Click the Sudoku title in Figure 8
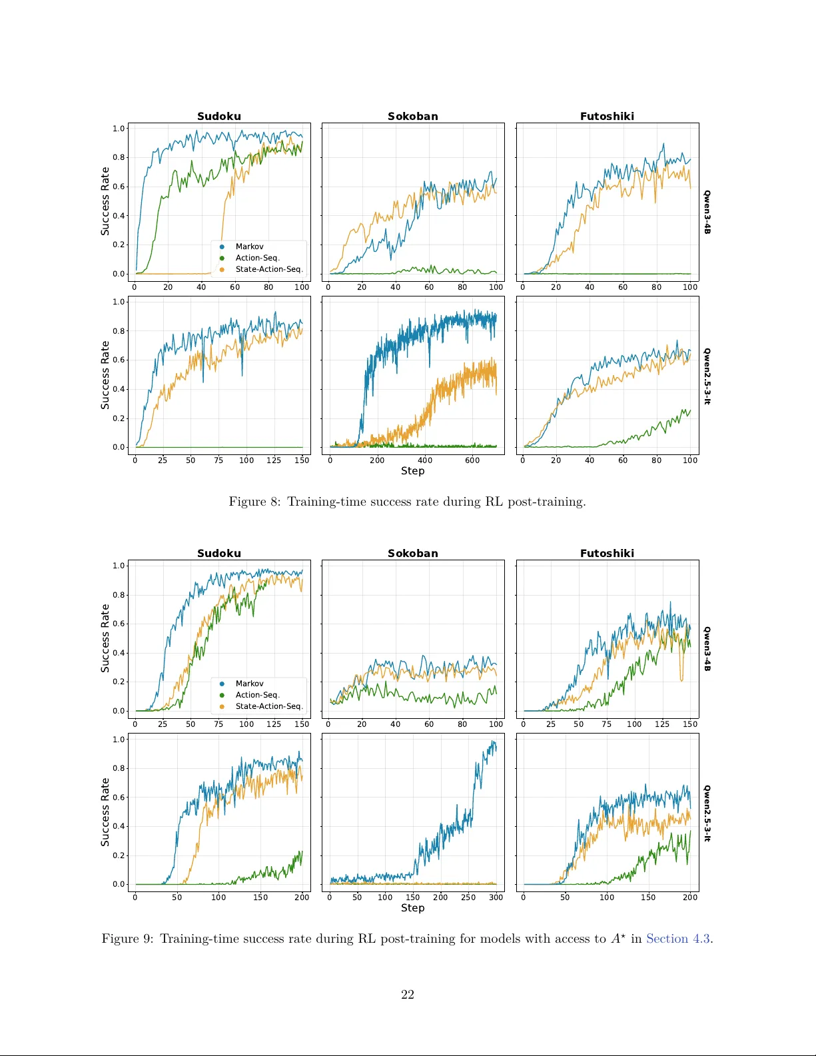coord(218,116)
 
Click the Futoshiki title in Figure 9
coord(607,553)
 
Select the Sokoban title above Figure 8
coord(413,116)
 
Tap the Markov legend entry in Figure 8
coord(249,247)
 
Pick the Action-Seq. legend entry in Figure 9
coord(257,695)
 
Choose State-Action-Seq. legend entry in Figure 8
coord(268,269)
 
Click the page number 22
coord(408,995)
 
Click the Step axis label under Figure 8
coord(412,471)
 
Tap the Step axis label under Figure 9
coord(412,908)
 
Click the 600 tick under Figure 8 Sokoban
coord(472,460)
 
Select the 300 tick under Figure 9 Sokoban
coord(496,897)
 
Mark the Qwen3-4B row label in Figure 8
coord(707,212)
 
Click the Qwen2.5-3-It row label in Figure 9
coord(707,813)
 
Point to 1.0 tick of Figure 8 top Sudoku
coord(119,129)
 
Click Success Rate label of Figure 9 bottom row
coord(105,812)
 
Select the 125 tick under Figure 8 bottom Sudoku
coord(274,460)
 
